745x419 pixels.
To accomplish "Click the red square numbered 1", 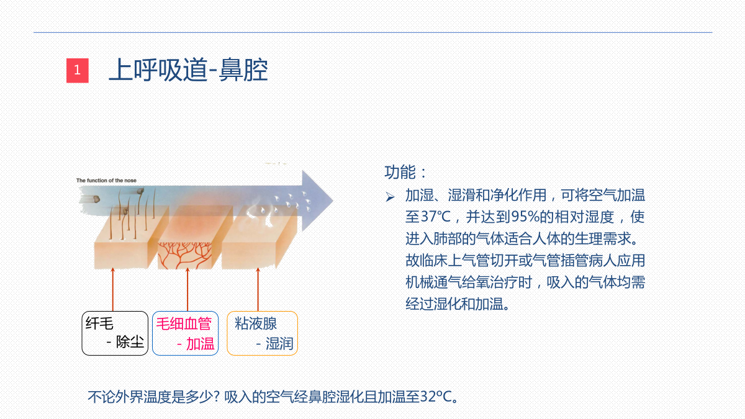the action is [x=78, y=71].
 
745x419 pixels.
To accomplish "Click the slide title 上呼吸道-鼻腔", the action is [x=188, y=70].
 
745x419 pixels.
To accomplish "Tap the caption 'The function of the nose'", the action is [x=106, y=180].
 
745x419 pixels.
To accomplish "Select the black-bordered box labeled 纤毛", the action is [x=115, y=333].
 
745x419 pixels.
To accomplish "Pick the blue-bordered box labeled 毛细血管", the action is [x=185, y=333].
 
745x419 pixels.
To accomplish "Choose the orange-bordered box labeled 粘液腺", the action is [x=263, y=333].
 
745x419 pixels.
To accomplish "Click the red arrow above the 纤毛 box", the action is [x=113, y=289].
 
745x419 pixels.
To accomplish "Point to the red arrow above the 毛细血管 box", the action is [x=187, y=289].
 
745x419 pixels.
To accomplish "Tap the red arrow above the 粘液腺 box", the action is [x=258, y=289].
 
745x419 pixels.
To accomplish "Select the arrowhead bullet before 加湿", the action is [x=390, y=197].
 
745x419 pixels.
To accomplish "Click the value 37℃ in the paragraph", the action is [x=436, y=217].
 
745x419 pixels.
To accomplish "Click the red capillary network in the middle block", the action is [x=184, y=255].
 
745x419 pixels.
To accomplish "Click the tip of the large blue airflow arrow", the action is [x=333, y=200].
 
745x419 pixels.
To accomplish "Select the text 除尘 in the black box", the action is [x=130, y=342].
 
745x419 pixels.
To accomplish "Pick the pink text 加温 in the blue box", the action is [x=200, y=343].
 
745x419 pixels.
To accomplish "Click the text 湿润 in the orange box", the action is [x=279, y=343].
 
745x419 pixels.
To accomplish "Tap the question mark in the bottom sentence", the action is [x=216, y=397].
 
